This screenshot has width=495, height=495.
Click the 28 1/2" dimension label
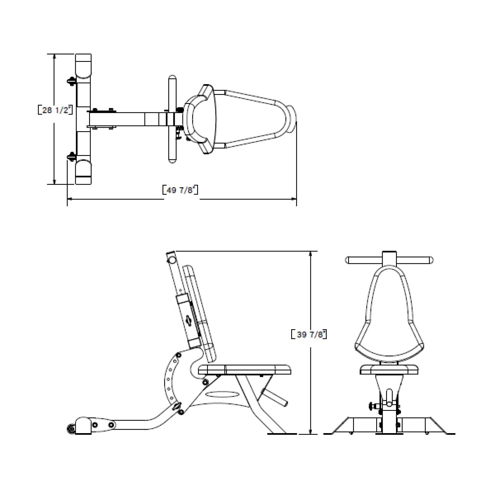[55, 110]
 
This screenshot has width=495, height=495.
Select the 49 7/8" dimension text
[180, 190]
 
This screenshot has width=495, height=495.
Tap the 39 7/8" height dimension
[309, 334]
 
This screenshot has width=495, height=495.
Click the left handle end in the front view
[347, 260]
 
